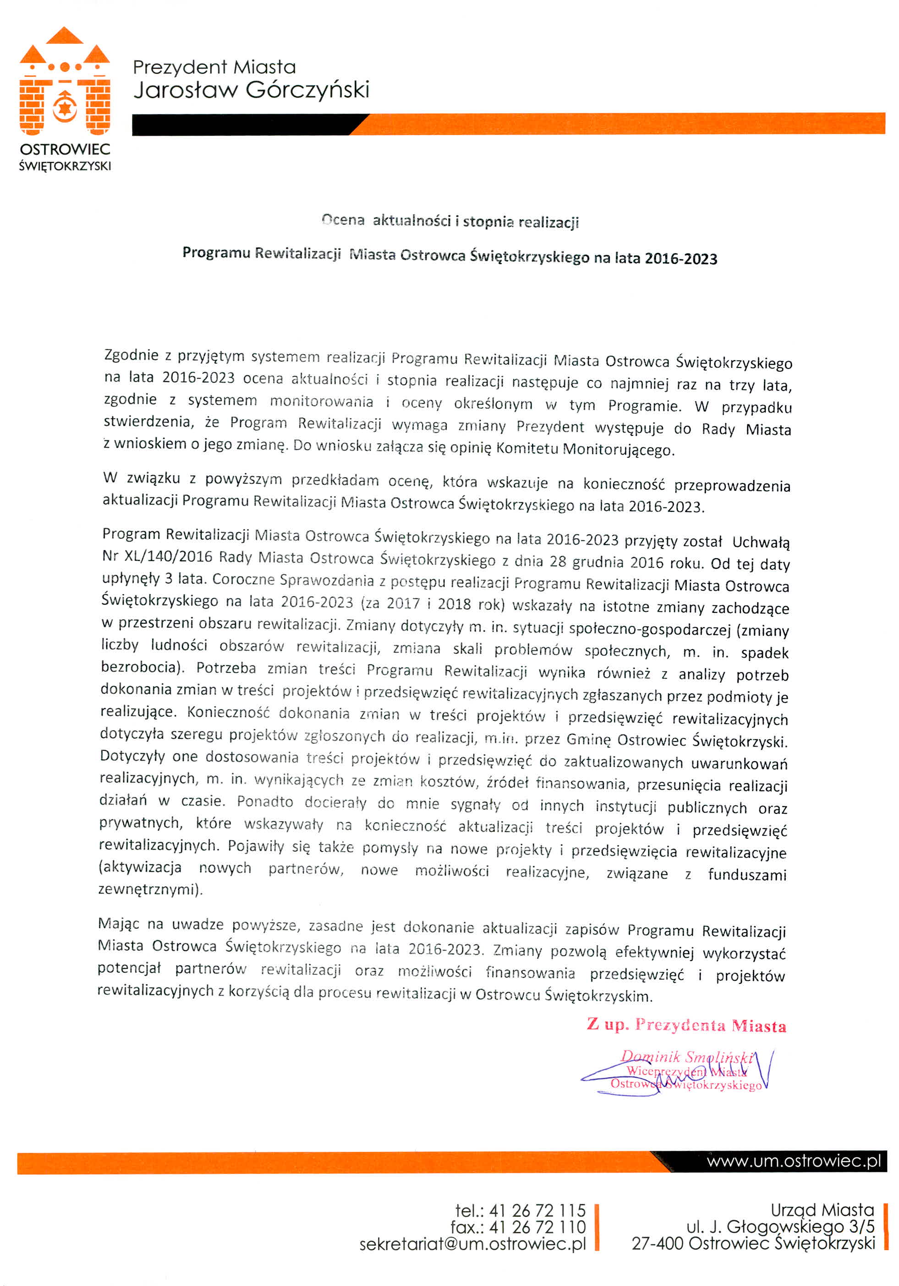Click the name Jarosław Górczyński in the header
tap(251, 90)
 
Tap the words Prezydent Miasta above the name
tap(214, 67)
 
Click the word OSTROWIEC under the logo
tap(65, 149)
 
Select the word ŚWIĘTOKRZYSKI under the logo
tap(65, 166)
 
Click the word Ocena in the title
tap(343, 220)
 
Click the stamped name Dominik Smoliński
tap(687, 1056)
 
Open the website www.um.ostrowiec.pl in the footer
tap(794, 1161)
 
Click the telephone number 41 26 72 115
tap(537, 1210)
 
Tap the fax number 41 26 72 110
tap(537, 1226)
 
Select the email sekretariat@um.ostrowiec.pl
tap(472, 1243)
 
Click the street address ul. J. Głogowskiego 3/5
tap(780, 1226)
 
